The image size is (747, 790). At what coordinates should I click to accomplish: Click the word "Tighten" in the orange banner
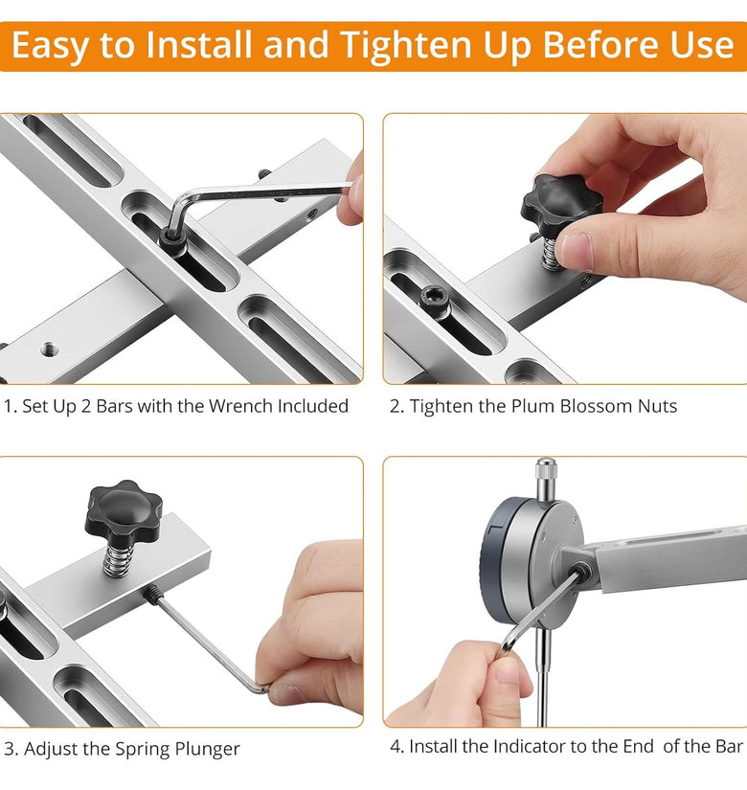click(407, 46)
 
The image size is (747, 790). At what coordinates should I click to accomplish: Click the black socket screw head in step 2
click(434, 297)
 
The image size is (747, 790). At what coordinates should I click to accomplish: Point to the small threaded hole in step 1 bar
click(49, 349)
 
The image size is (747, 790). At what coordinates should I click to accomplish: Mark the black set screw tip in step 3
click(151, 595)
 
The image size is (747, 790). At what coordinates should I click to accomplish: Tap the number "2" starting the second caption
click(394, 407)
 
